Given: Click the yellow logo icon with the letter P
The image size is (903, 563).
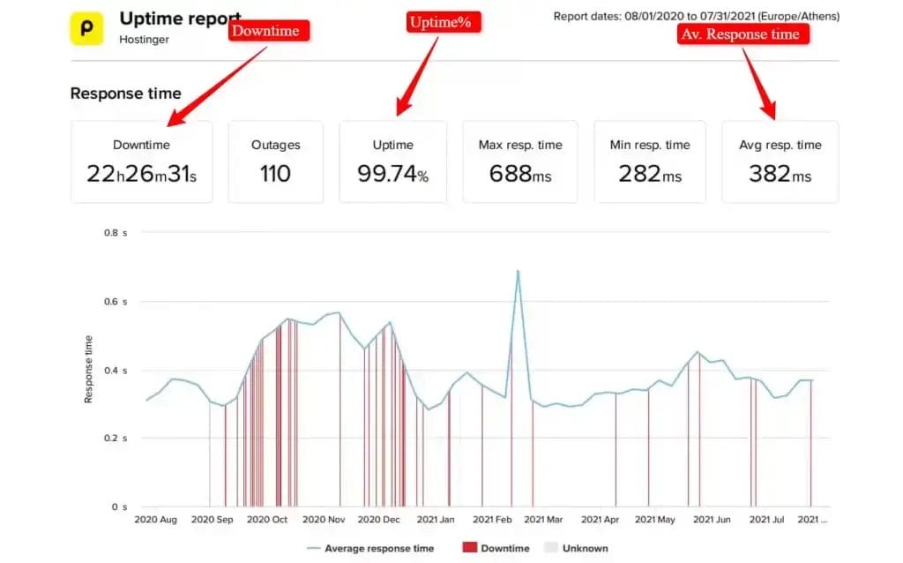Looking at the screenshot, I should [x=86, y=27].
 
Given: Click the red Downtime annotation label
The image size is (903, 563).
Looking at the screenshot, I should [x=270, y=32].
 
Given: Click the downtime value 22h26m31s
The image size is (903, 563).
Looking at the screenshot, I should [x=141, y=174].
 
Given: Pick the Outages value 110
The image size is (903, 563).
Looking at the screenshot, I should [x=275, y=174].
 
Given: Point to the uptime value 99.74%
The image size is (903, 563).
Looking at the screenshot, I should [x=392, y=174].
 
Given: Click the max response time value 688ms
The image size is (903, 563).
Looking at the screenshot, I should [x=520, y=174].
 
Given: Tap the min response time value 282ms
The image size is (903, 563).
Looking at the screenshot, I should [x=650, y=174].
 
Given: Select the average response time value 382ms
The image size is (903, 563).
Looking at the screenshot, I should [x=780, y=174].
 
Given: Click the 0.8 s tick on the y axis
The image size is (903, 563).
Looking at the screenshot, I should [x=117, y=233].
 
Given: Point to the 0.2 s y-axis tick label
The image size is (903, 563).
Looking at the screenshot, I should [x=117, y=439].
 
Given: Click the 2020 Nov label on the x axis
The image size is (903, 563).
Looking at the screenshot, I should [x=324, y=520].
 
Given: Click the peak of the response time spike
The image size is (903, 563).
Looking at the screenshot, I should [x=518, y=271].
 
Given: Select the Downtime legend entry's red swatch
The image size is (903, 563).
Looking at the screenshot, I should [x=468, y=548].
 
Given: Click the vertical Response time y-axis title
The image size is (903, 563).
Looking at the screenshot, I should [x=88, y=369].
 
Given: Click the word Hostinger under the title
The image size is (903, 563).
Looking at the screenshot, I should [x=144, y=40].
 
